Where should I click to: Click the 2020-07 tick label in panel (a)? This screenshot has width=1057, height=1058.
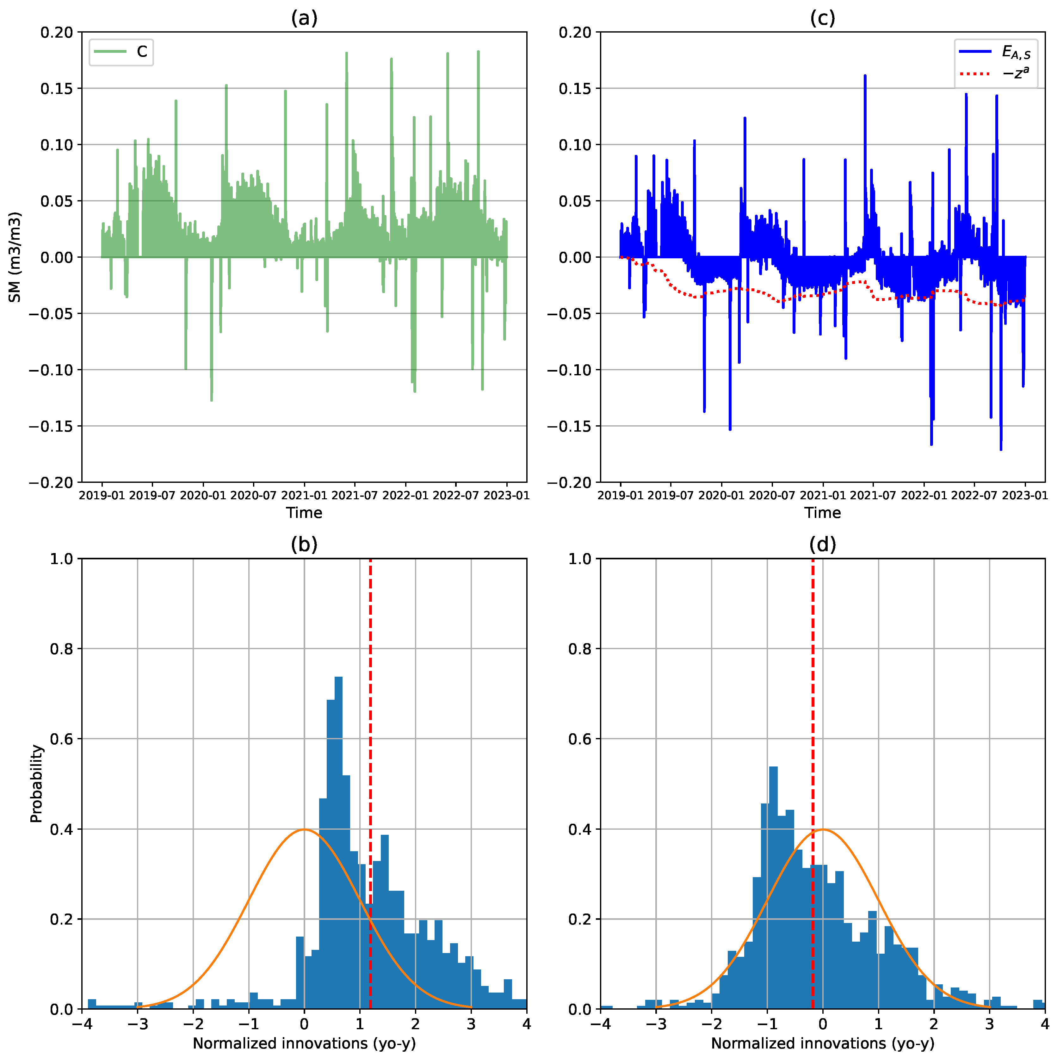point(254,495)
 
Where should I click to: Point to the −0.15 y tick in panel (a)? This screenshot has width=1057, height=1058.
point(50,426)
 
